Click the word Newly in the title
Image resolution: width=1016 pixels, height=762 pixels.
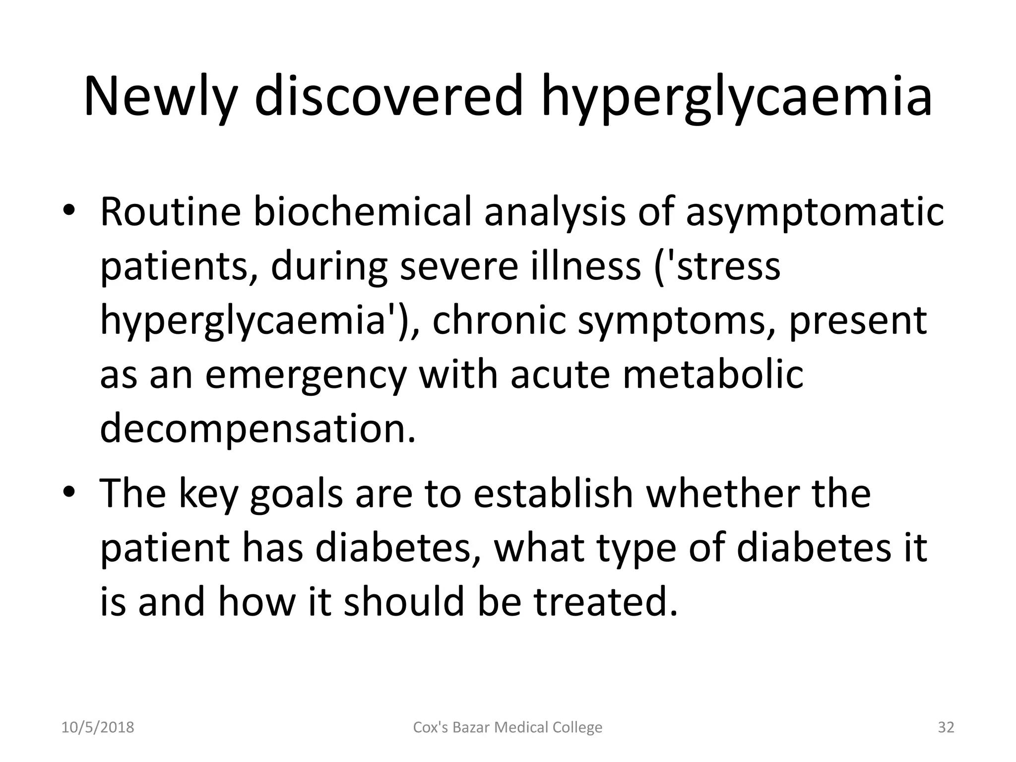click(159, 97)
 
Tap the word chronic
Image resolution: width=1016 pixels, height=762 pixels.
click(499, 320)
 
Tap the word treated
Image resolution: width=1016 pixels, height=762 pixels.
click(605, 601)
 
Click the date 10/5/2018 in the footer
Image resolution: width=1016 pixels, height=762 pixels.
click(98, 727)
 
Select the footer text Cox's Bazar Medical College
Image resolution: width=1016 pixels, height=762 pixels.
click(508, 727)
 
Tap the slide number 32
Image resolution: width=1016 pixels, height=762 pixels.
click(946, 727)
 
